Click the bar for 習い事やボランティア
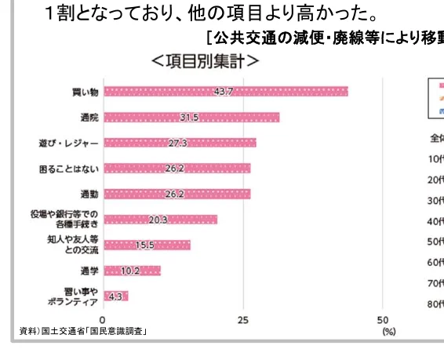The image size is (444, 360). (115, 296)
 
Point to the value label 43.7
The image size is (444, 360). (224, 92)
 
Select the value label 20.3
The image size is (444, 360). (158, 220)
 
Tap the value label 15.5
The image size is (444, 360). (145, 245)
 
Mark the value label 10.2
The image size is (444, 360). (131, 271)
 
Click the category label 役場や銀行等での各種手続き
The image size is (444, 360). (71, 220)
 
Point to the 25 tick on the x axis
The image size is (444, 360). (243, 320)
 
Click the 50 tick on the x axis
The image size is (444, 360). (383, 320)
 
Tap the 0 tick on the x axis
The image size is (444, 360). (104, 320)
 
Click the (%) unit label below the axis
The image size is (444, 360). (388, 332)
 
